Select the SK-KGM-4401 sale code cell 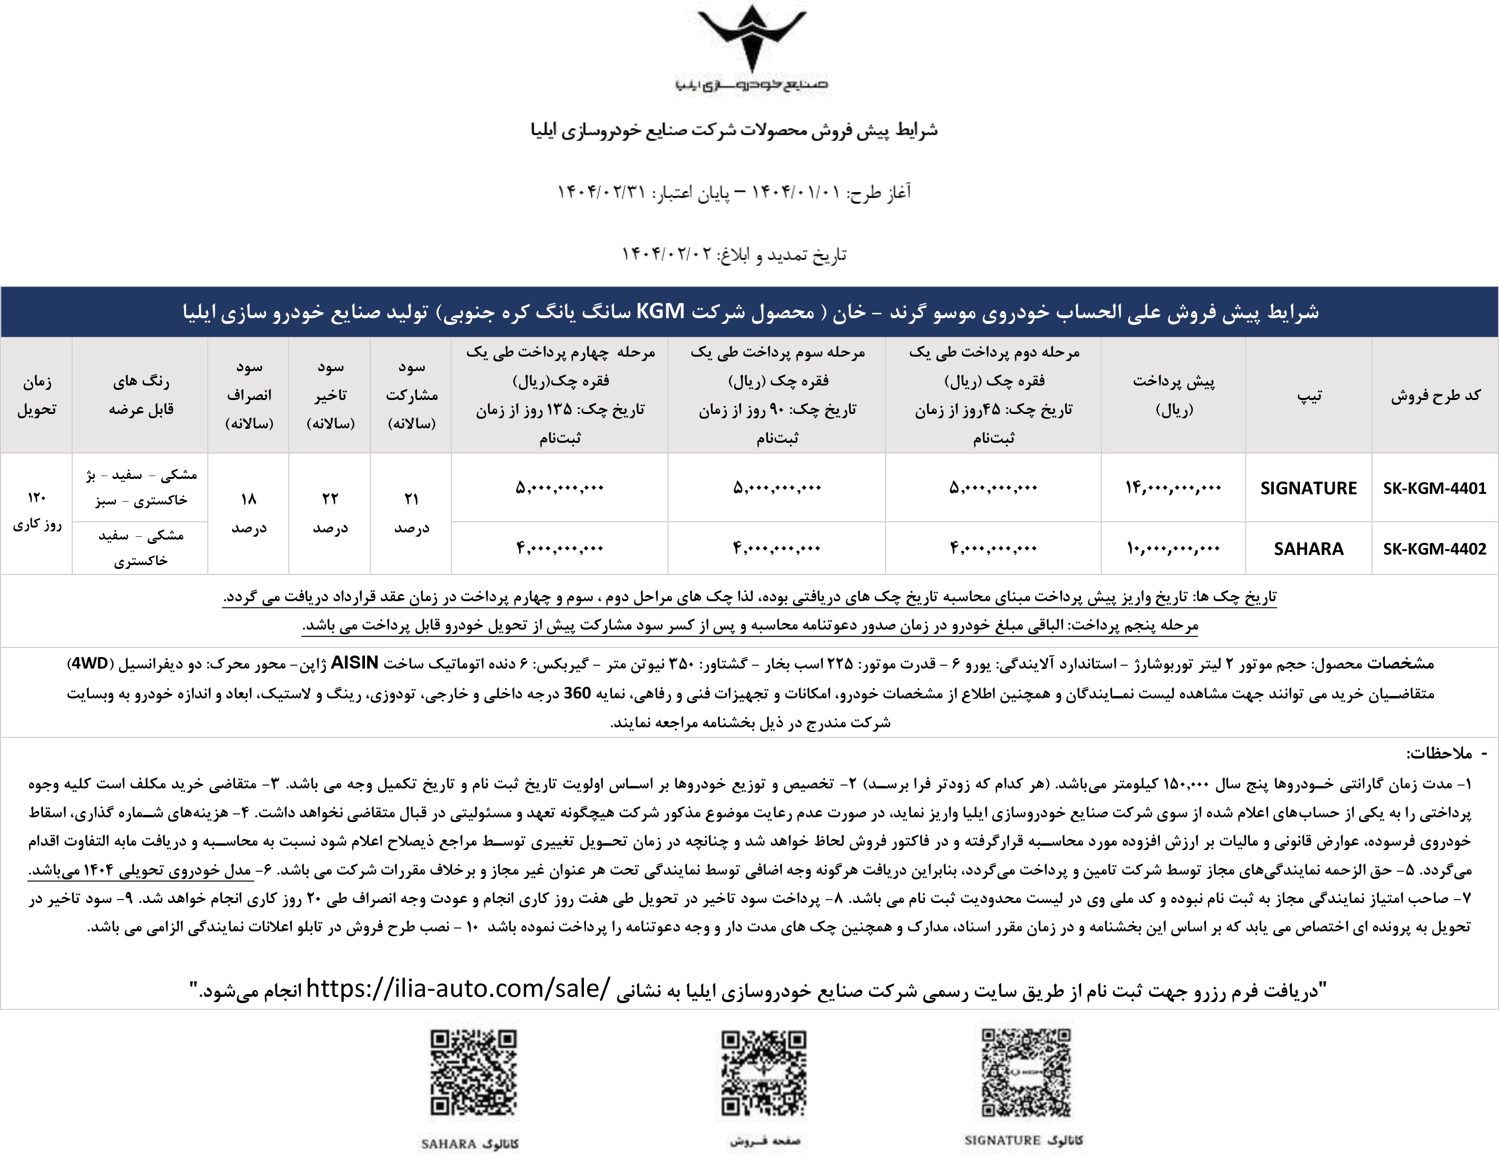1434,488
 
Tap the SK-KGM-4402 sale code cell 1434,548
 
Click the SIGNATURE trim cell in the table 1308,488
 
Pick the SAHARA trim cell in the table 1308,548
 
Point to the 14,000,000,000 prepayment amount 1173,488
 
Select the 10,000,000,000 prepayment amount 1173,548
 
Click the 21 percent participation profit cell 411,513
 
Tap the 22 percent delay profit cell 330,513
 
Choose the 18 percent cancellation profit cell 248,513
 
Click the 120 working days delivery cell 37,511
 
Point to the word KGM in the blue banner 660,311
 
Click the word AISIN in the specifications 354,663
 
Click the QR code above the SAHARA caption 474,1073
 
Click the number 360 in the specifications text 577,693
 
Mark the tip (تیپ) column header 1308,395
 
